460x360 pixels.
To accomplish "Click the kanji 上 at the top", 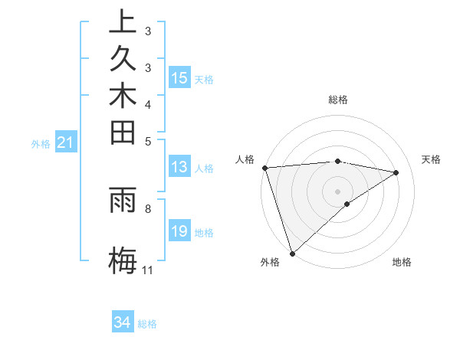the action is point(123,23).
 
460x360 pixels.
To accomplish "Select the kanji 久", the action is point(123,63).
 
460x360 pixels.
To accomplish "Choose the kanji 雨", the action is point(123,201).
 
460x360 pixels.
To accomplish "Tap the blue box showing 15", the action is point(179,77).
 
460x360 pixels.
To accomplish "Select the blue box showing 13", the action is point(179,167).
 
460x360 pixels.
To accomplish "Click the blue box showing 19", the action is point(179,231).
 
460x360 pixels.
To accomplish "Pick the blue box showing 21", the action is point(66,142).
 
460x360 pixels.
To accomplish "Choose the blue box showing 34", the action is point(123,322).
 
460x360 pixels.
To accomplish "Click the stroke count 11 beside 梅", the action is point(147,270).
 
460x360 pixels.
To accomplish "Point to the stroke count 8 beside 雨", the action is point(147,207).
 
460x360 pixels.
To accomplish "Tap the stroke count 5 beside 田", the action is point(147,140).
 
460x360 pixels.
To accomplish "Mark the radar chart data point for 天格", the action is point(396,172).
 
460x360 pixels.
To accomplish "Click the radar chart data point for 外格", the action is point(292,253).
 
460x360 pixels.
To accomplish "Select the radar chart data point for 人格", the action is point(264,168).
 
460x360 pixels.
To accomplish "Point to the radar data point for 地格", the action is point(347,204).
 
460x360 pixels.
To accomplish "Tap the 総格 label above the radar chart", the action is point(338,100).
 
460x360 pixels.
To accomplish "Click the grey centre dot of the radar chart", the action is point(337,191).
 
